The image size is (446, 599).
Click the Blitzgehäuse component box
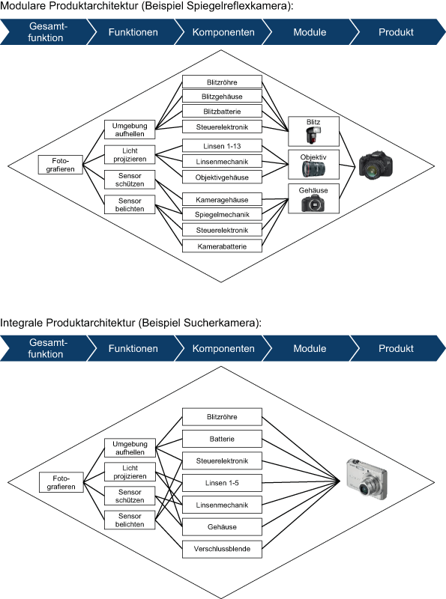click(x=222, y=97)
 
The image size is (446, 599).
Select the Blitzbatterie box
click(x=222, y=112)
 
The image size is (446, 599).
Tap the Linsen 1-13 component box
click(x=222, y=145)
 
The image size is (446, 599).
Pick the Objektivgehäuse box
click(x=222, y=177)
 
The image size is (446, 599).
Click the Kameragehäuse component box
click(x=222, y=199)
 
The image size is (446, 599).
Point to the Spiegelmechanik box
click(x=222, y=214)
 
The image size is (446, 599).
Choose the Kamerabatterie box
click(x=222, y=246)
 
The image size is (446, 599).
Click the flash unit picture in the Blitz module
click(x=313, y=136)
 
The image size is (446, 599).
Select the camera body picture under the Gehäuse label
click(x=313, y=204)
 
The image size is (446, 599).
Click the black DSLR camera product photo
click(x=374, y=167)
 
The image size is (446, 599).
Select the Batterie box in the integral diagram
click(x=222, y=438)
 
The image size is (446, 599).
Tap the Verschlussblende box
click(x=222, y=549)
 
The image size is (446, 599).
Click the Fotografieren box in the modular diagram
click(x=61, y=165)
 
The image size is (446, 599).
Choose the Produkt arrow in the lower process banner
click(x=396, y=349)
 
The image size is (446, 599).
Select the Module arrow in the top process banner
click(x=310, y=33)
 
